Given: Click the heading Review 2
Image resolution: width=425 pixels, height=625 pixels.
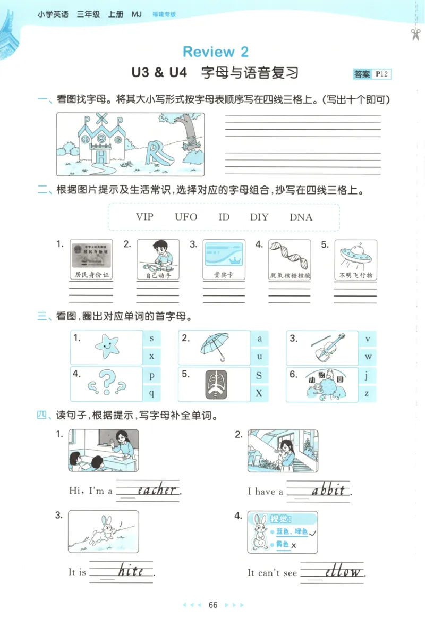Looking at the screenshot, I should [x=215, y=52].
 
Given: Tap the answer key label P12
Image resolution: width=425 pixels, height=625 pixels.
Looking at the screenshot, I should [x=381, y=74].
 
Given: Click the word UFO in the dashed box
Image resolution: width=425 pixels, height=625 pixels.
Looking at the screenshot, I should [x=186, y=217].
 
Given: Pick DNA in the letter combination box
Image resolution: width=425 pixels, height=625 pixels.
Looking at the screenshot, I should [x=301, y=217].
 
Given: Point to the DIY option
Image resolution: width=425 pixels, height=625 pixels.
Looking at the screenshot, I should [x=259, y=217].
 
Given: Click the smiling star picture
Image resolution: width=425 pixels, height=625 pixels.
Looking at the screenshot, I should [x=107, y=346].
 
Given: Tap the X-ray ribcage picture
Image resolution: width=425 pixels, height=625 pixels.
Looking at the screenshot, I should [x=215, y=384].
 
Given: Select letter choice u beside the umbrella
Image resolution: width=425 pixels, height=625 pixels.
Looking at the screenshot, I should [x=260, y=357].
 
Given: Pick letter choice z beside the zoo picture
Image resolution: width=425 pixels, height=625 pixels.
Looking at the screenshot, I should [x=367, y=393].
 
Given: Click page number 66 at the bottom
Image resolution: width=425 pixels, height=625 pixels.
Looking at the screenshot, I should [x=213, y=605].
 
